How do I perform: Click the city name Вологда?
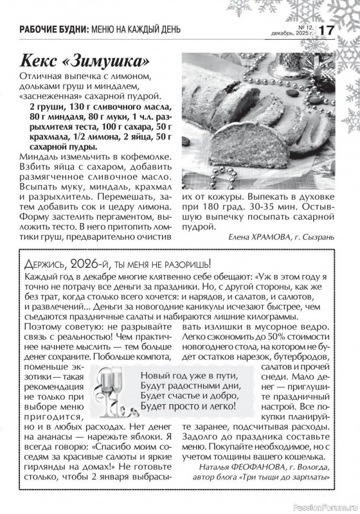[314, 467]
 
